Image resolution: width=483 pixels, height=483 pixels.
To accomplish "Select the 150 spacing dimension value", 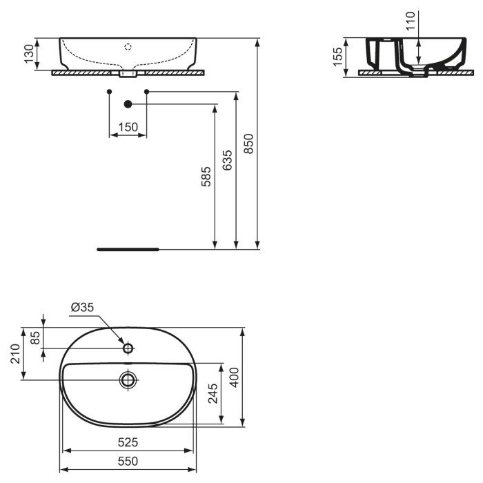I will tap(128, 127).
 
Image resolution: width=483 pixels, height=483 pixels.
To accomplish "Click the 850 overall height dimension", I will tap(249, 144).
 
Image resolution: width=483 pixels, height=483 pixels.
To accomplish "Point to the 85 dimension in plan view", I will tap(35, 337).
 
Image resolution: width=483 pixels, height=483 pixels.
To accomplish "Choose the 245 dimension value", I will tap(213, 393).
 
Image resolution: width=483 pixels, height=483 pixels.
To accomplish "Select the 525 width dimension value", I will tap(128, 442).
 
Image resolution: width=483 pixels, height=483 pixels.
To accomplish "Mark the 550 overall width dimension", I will tap(128, 461).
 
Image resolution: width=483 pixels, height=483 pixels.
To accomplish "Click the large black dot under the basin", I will tap(128, 104).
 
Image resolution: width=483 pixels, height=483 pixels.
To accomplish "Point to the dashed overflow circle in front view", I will tap(128, 47).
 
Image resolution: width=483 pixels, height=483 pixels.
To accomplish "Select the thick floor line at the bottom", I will tap(128, 248).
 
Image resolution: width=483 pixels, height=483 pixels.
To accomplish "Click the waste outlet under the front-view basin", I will tap(128, 73).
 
